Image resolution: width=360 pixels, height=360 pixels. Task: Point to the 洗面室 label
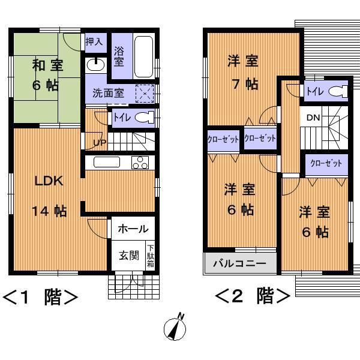[108, 94]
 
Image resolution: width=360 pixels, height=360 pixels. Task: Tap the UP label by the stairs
[99, 143]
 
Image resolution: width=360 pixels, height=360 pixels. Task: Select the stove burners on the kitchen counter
[140, 162]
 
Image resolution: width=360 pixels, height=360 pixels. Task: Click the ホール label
[133, 229]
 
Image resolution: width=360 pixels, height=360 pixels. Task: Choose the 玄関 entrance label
[128, 256]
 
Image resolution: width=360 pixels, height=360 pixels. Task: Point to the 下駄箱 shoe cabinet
[151, 256]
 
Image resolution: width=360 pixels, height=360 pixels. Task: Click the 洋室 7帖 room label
[243, 71]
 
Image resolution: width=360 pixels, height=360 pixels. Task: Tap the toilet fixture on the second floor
[338, 92]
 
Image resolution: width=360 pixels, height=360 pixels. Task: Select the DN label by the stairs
[314, 118]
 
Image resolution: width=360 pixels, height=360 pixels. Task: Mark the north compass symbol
[175, 328]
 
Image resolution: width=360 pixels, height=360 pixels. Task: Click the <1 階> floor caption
[41, 297]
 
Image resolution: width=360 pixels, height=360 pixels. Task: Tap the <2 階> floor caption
[253, 296]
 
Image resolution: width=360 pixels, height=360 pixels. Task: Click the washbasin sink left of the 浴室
[95, 64]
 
